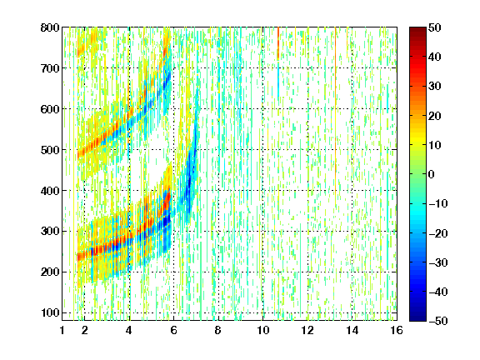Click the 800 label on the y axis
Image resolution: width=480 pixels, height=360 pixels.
(x=50, y=27)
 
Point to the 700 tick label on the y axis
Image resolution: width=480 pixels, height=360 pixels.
(x=50, y=68)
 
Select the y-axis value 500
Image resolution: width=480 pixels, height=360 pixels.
(x=50, y=150)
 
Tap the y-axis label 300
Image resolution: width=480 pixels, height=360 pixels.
(x=50, y=231)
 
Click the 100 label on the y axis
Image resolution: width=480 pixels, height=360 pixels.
(x=51, y=312)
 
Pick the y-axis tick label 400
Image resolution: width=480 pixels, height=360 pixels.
(x=50, y=191)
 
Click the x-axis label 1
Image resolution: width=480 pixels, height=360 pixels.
(x=62, y=330)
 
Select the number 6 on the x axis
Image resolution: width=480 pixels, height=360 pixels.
(x=173, y=330)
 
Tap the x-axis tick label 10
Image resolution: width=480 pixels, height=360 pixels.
(x=263, y=330)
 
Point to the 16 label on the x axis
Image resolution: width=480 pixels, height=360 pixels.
(x=397, y=330)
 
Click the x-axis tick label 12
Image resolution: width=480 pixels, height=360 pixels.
(x=307, y=330)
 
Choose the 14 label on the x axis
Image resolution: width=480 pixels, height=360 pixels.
(x=352, y=330)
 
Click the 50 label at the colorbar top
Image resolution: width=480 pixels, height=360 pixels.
(x=435, y=27)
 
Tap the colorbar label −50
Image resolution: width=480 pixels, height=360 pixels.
(x=438, y=321)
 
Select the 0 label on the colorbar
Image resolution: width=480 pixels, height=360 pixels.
(x=432, y=174)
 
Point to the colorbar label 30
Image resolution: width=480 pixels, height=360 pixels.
(x=435, y=87)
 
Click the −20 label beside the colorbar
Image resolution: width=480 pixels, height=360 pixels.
(x=438, y=233)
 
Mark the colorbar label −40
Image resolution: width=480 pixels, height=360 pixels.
(x=438, y=292)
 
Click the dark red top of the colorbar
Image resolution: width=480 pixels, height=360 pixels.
(x=417, y=30)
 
